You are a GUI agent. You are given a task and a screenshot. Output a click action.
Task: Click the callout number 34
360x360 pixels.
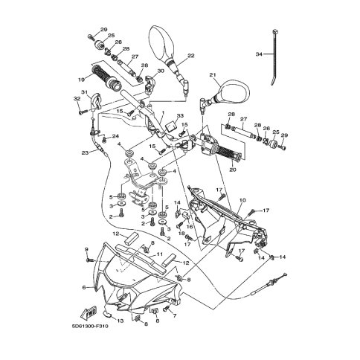tap(259, 54)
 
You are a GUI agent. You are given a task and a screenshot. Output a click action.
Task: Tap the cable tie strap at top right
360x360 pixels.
tap(274, 57)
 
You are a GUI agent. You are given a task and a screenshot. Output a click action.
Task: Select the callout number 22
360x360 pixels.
tap(191, 56)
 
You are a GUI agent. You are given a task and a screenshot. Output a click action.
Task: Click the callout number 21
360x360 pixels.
tap(213, 74)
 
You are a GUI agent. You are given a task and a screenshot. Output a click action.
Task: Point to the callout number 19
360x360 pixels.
tap(82, 80)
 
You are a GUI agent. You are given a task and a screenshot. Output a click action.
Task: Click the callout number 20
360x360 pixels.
tap(233, 170)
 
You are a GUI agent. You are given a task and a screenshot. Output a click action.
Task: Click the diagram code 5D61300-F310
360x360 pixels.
tap(90, 327)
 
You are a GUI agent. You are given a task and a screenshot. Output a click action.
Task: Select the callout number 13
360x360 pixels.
tap(120, 321)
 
